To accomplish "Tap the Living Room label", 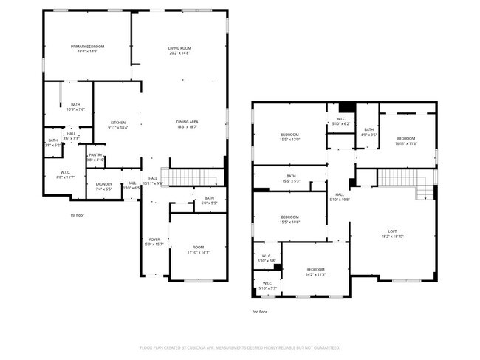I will coord(179,50).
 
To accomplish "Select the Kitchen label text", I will coord(118,124).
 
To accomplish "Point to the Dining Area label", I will coord(186,123).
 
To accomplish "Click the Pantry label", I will coord(95,157).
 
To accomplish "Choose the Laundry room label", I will coord(103,186).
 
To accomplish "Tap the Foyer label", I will coord(154,242).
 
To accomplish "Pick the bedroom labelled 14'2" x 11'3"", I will coord(316,271).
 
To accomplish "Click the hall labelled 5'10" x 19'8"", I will coord(338,197).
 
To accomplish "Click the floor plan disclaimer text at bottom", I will coord(239,347).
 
